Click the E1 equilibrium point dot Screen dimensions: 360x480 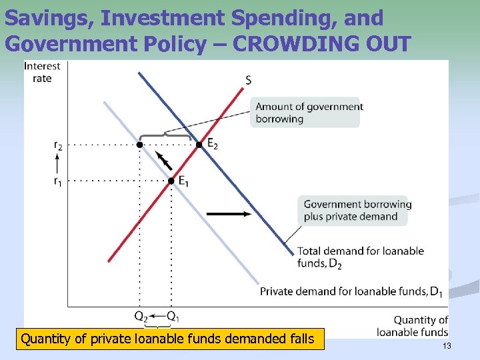(x=171, y=181)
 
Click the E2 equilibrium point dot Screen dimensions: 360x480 (x=199, y=144)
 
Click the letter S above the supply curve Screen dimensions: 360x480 (x=248, y=81)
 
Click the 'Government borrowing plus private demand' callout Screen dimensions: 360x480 (x=357, y=210)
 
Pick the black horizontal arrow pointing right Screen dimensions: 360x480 (x=229, y=214)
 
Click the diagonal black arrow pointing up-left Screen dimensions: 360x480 (x=163, y=161)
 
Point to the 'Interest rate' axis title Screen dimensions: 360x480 (x=42, y=72)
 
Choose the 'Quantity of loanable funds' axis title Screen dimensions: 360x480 (x=412, y=326)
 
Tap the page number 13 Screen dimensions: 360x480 (x=447, y=345)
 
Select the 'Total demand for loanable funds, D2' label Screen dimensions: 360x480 (x=361, y=257)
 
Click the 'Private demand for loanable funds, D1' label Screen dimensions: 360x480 (x=351, y=291)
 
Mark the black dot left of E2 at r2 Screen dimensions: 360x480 (x=139, y=144)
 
